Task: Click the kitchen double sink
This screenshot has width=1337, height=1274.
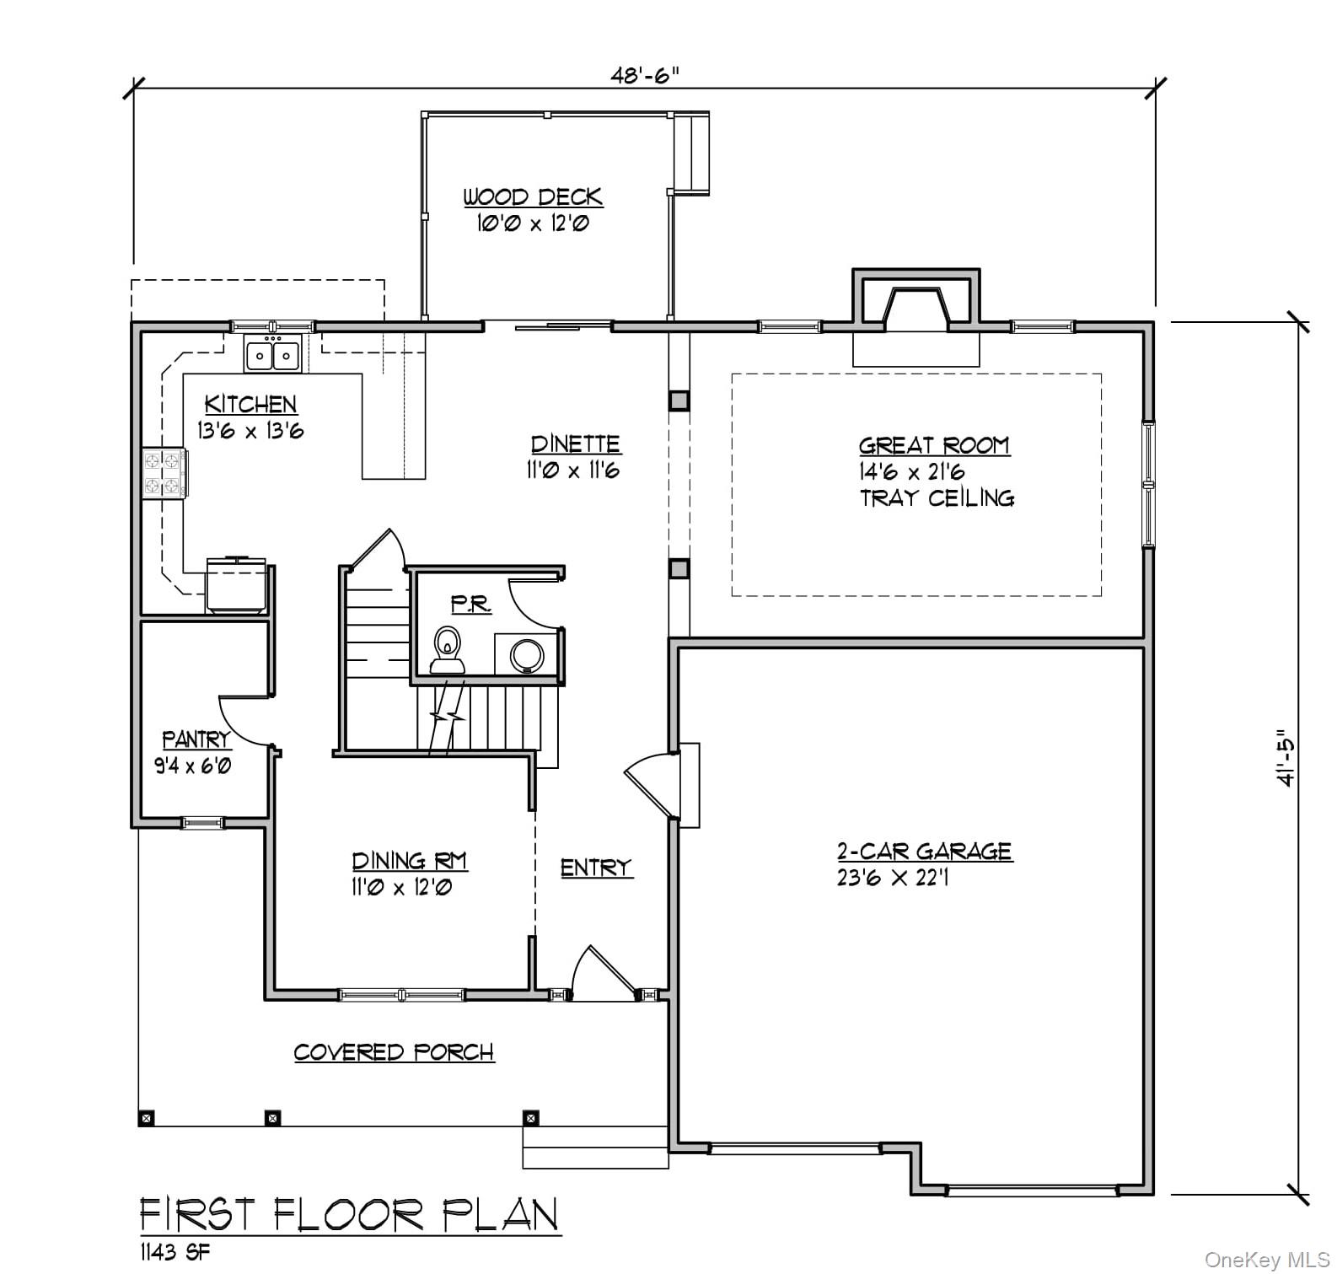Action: coord(272,353)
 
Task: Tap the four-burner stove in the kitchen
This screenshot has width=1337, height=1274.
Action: coord(164,473)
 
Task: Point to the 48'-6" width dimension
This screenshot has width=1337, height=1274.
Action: coord(644,75)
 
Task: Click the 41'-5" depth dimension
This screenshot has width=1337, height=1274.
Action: coord(1285,757)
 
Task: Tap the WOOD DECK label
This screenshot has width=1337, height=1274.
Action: coord(533,197)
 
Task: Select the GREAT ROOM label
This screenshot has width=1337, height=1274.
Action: coord(933,445)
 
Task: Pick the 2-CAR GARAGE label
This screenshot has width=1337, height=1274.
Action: coord(924,851)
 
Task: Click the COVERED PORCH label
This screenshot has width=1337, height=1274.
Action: coord(394,1052)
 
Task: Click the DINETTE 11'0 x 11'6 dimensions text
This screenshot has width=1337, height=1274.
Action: coord(574,470)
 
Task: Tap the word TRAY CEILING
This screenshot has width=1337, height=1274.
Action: coord(937,498)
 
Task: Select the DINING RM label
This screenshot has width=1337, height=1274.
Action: coord(409,861)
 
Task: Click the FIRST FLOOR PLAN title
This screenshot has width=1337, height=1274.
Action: coord(349,1215)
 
